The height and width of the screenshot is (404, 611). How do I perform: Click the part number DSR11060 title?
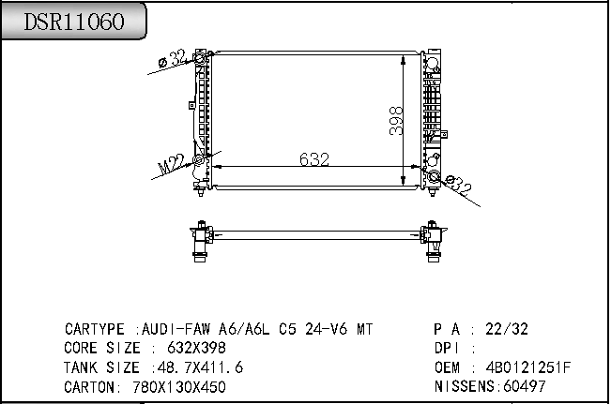coord(73,22)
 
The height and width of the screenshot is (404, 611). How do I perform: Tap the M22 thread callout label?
coord(170,166)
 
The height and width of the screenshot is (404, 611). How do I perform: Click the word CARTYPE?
coord(94,330)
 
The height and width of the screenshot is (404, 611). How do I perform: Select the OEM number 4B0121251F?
coord(527,367)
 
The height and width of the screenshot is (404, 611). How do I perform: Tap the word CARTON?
coord(90,386)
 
